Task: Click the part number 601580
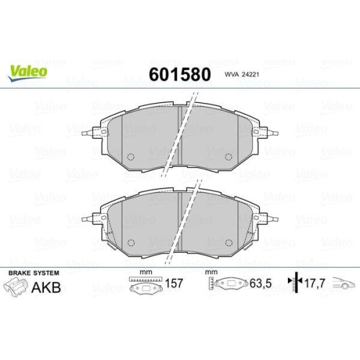click(179, 74)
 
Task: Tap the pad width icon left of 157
click(145, 287)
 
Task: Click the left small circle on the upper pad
click(132, 158)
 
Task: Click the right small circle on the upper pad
click(229, 158)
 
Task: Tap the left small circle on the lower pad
click(132, 243)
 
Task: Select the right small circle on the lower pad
click(229, 243)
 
